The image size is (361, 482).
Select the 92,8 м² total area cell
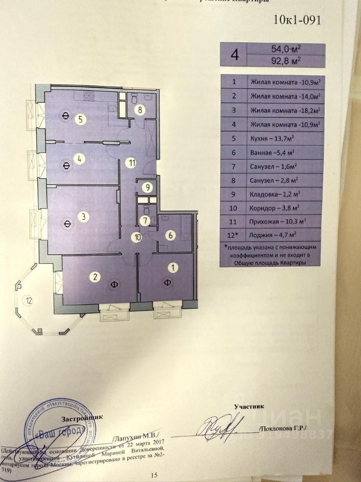[286, 61]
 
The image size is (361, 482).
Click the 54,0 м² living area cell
[286, 50]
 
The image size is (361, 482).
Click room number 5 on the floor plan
[80, 119]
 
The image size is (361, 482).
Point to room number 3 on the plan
[84, 217]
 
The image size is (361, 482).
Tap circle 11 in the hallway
[131, 162]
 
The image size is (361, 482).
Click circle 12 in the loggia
[30, 301]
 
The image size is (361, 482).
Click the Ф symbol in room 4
[66, 163]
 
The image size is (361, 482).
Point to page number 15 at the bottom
[154, 475]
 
